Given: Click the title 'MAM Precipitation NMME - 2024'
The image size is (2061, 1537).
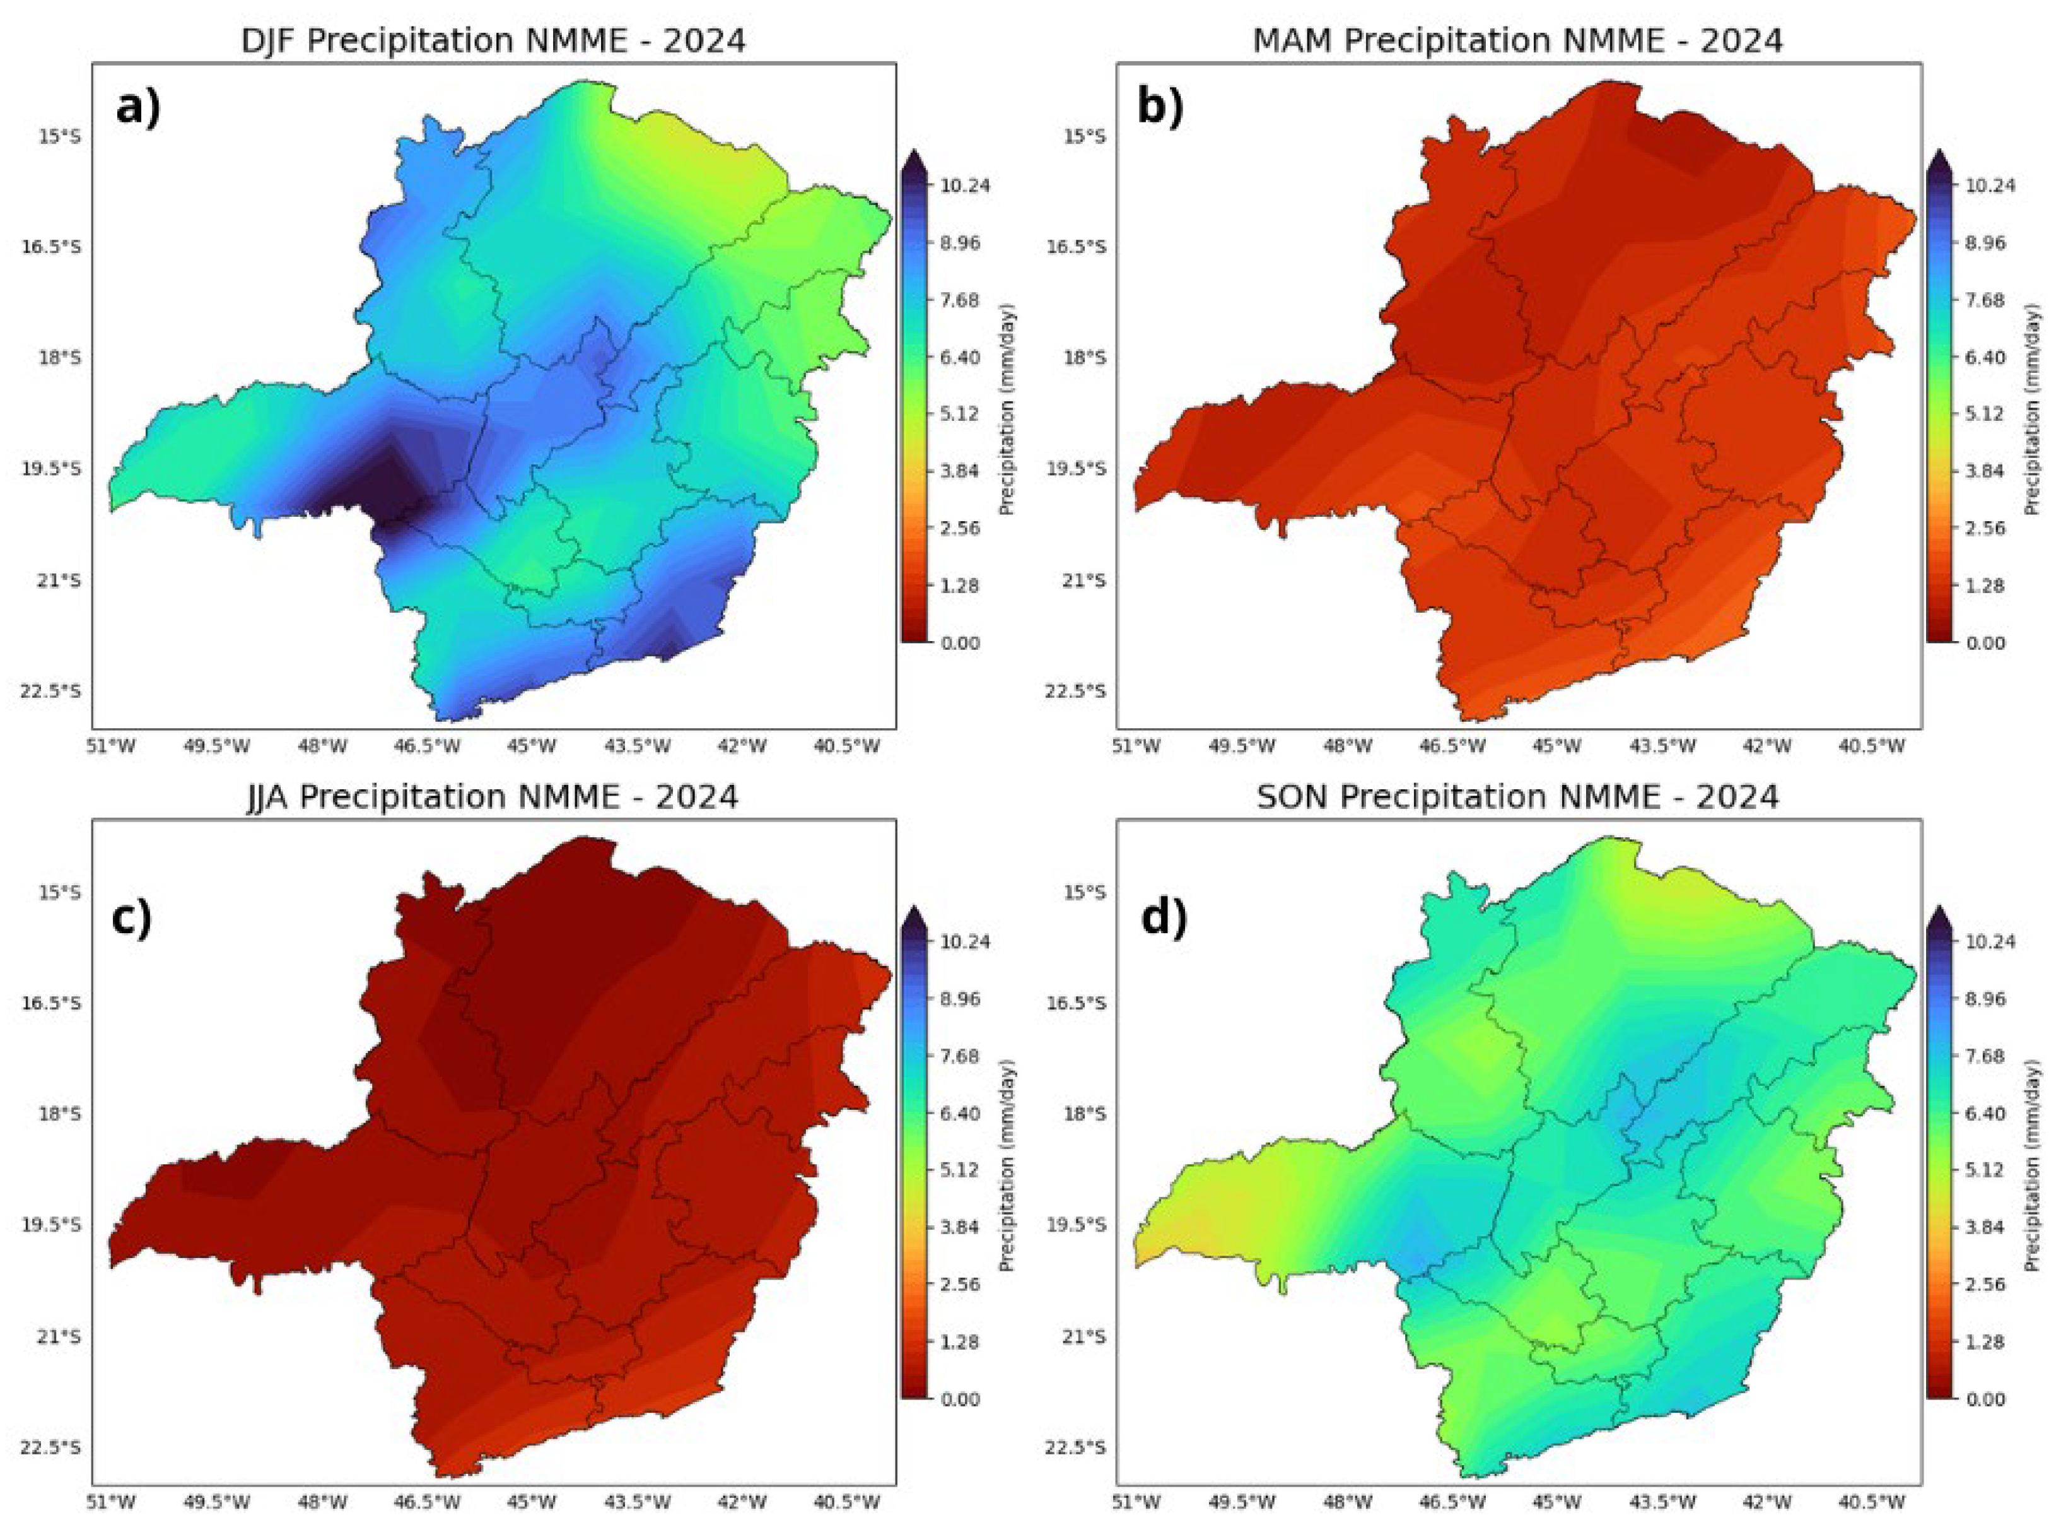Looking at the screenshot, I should point(1518,41).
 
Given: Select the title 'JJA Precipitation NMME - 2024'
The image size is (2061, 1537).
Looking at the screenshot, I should point(493,798).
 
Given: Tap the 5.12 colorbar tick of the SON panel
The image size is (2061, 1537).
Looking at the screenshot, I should point(1987,1170).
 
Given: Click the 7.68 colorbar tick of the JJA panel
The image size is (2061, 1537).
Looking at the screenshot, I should point(964,1056).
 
